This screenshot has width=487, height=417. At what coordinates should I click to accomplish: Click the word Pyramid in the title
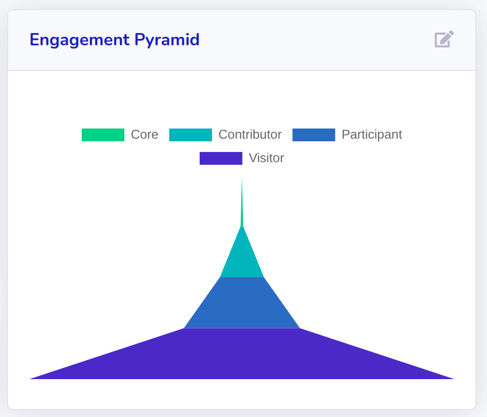(167, 41)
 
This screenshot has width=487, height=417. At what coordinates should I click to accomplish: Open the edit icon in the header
(444, 39)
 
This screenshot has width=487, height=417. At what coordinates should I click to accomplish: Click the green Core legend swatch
(103, 135)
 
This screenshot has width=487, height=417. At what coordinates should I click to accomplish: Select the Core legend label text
(144, 135)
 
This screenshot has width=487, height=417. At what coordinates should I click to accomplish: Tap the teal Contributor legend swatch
(191, 135)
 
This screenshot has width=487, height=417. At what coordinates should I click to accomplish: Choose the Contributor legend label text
(250, 135)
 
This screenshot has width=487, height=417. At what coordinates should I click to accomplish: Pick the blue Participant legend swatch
(313, 135)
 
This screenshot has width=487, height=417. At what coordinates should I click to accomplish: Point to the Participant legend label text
(372, 135)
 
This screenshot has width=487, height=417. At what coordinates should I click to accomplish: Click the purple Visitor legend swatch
(221, 158)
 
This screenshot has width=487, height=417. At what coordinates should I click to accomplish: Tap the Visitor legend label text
(266, 158)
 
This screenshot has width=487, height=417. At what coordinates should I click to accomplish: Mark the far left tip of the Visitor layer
(30, 379)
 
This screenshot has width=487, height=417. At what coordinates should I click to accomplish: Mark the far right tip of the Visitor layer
(454, 379)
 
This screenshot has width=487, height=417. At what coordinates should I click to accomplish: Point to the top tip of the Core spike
(242, 176)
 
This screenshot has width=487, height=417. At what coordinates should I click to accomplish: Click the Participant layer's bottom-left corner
(184, 328)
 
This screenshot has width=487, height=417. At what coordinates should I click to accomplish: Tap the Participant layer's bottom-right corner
(300, 328)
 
